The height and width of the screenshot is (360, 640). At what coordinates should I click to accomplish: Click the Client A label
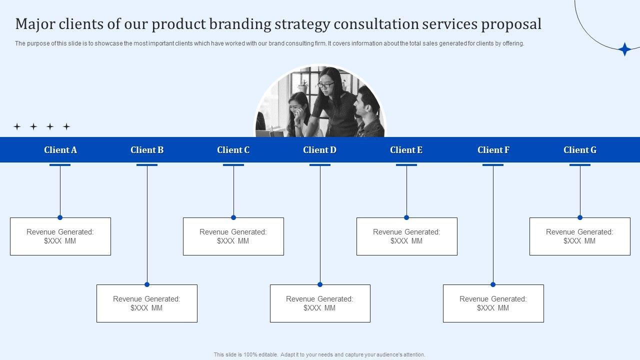tap(60, 150)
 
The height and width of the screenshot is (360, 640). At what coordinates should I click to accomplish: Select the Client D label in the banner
tap(320, 150)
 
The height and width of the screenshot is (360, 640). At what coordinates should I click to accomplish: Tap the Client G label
tap(580, 150)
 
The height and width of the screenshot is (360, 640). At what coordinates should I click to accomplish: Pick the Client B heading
tap(147, 150)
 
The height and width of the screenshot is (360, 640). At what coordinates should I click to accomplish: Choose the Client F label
tap(493, 150)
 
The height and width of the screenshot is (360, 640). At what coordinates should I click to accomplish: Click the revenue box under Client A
tap(60, 236)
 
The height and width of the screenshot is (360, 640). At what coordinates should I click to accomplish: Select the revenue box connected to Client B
tap(147, 303)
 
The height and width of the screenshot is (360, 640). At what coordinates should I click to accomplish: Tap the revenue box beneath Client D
tap(320, 303)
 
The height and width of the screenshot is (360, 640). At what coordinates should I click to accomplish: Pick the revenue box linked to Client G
tap(580, 236)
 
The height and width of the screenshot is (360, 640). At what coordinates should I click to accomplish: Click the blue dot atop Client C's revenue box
tap(233, 217)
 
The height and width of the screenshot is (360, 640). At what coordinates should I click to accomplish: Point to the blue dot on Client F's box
tap(493, 284)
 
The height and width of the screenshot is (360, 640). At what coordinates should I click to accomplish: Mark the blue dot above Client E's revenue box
tap(406, 217)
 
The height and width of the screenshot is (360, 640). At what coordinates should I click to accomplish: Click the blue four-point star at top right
tap(624, 49)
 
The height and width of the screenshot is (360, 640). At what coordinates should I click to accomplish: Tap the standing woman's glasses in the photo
tap(326, 85)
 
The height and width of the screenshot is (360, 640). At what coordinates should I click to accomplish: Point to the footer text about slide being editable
tap(319, 354)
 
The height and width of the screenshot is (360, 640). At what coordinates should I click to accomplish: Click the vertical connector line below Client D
tap(320, 225)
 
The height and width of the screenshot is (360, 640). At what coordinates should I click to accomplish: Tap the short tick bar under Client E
tap(406, 165)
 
